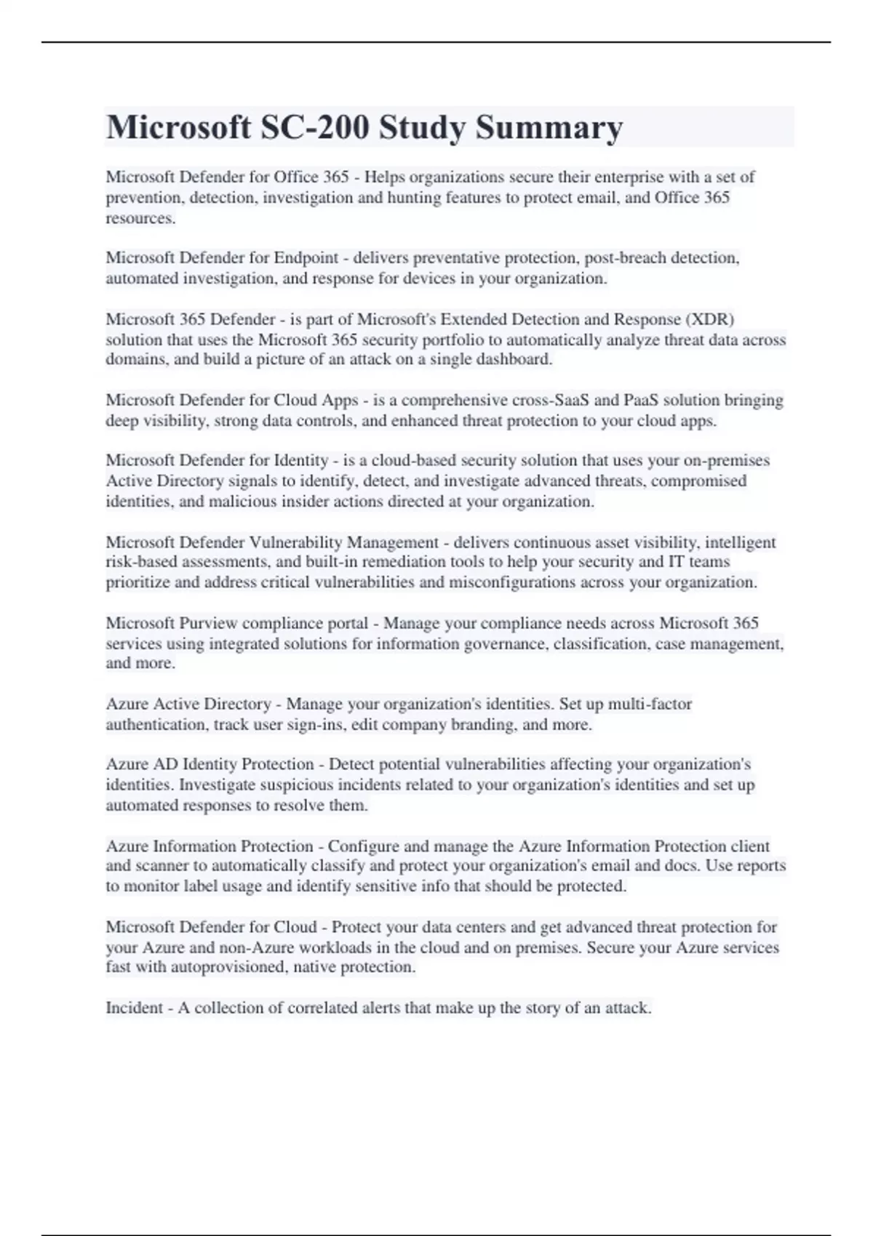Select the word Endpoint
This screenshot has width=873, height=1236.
tap(306, 258)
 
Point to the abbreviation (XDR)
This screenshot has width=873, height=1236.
tap(709, 319)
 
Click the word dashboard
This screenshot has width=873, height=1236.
tap(514, 359)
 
